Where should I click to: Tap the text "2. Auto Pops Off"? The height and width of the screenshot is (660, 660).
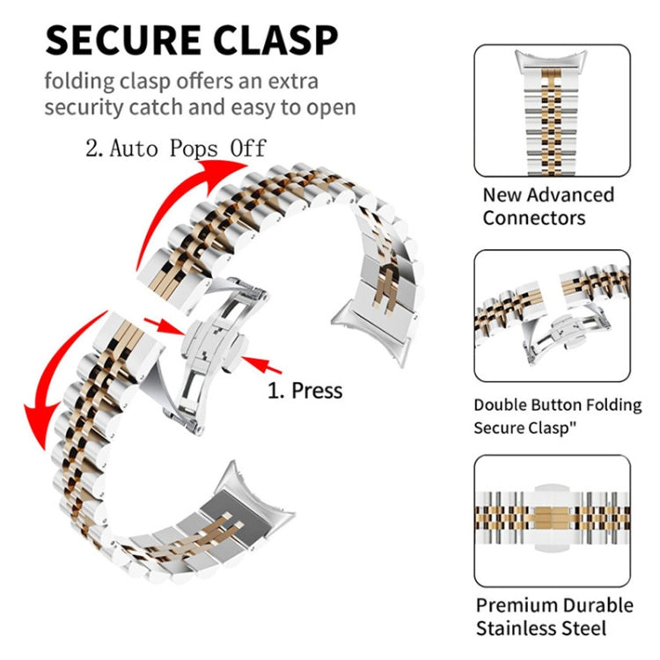(x=175, y=147)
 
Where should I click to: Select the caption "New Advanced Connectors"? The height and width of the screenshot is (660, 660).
(x=547, y=206)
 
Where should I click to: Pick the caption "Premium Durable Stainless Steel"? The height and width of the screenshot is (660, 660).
(x=554, y=616)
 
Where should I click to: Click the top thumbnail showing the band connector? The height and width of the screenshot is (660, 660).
(x=552, y=110)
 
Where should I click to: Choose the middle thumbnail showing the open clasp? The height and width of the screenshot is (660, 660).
(x=552, y=319)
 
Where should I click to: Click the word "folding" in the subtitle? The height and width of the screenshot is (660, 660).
(x=80, y=81)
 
